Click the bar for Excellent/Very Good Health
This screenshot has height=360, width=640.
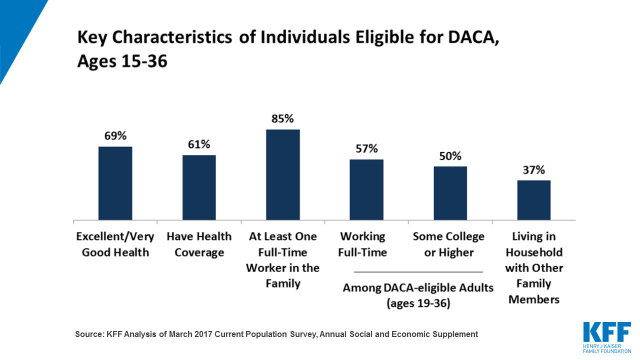tap(115, 183)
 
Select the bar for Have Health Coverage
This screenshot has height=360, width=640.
tap(199, 187)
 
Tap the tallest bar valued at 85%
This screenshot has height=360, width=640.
tap(282, 174)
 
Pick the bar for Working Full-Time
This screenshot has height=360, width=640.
tap(366, 189)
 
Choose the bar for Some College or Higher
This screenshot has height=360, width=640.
tap(450, 193)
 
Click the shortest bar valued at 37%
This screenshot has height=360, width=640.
tap(533, 200)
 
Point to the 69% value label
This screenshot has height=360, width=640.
tap(115, 136)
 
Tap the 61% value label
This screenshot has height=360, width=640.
tap(199, 144)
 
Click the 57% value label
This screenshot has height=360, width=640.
tap(366, 148)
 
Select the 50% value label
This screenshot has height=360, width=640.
tap(450, 156)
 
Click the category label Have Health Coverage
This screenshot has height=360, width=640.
tap(199, 244)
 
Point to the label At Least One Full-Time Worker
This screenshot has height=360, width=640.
tap(282, 260)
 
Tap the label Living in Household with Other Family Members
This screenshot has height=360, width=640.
tap(533, 267)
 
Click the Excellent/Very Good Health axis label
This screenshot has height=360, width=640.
tap(115, 244)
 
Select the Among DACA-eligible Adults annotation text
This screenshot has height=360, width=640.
tap(418, 295)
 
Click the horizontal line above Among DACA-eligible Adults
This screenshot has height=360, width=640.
tap(418, 271)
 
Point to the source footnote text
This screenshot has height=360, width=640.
tap(276, 334)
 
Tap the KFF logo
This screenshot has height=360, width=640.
tap(606, 336)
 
